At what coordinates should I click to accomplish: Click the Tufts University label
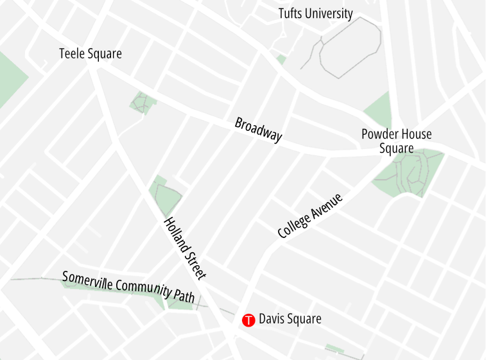315,13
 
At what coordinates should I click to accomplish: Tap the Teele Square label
90,54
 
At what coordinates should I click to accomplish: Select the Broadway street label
258,130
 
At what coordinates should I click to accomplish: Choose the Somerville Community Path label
128,286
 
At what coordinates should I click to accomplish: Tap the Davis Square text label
290,318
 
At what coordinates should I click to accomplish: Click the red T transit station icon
248,320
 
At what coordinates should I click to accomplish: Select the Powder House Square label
396,141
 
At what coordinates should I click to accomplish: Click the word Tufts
291,13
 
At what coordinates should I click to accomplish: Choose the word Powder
379,134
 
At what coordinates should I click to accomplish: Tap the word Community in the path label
145,288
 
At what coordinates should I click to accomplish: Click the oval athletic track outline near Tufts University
351,48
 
